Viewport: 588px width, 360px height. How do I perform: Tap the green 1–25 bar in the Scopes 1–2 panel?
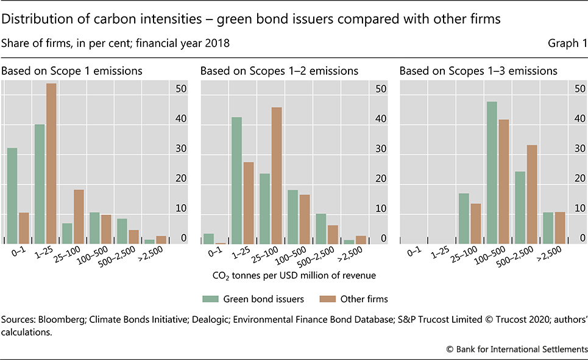click(236, 180)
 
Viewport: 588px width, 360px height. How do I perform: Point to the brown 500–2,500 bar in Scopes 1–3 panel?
click(531, 194)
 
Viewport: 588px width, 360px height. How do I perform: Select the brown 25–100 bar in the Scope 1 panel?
click(79, 216)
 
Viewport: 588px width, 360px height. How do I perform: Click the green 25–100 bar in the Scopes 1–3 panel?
click(464, 218)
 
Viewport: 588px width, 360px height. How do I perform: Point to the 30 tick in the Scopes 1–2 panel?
click(381, 149)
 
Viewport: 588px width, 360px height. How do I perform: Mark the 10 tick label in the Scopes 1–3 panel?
click(579, 209)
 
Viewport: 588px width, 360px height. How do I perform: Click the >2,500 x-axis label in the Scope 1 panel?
click(156, 255)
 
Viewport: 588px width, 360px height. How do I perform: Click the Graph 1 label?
click(567, 44)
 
